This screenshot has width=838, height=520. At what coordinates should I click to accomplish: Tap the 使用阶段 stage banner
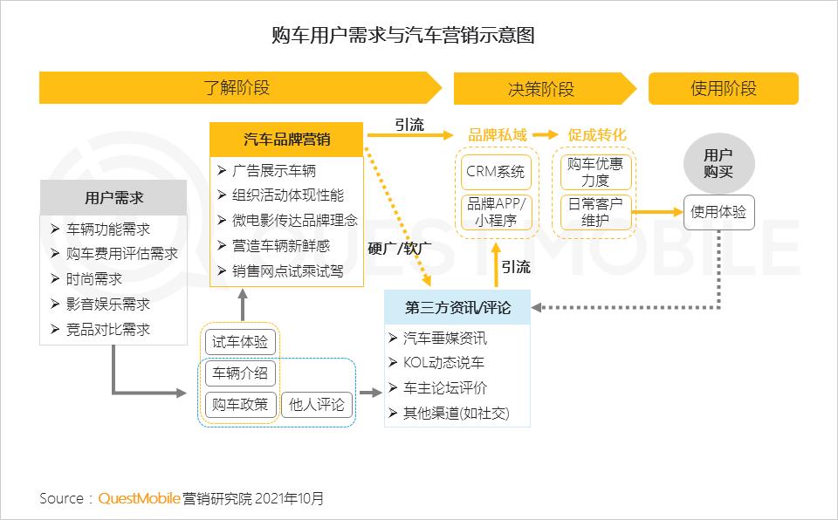pyautogui.click(x=723, y=89)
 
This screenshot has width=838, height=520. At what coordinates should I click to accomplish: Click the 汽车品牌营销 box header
pyautogui.click(x=286, y=140)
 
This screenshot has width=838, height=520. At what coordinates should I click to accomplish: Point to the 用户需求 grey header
pyautogui.click(x=113, y=198)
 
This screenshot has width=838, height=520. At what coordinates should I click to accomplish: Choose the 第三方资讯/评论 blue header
pyautogui.click(x=457, y=307)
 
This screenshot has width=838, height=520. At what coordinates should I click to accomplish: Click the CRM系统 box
pyautogui.click(x=496, y=172)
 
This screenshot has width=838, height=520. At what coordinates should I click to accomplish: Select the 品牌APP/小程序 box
pyautogui.click(x=496, y=212)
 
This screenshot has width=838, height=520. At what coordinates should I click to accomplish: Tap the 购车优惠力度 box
pyautogui.click(x=595, y=172)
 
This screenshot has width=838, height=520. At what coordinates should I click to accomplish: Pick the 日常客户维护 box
pyautogui.click(x=595, y=212)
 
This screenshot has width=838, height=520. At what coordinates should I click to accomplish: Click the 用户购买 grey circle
pyautogui.click(x=718, y=163)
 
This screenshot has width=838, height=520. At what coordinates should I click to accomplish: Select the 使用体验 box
pyautogui.click(x=718, y=212)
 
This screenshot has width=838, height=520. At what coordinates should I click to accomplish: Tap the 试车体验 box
pyautogui.click(x=240, y=342)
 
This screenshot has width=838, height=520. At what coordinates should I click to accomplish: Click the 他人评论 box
pyautogui.click(x=317, y=405)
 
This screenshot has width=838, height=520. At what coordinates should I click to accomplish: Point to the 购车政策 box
pyautogui.click(x=240, y=405)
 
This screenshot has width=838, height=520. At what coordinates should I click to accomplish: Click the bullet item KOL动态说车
pyautogui.click(x=443, y=363)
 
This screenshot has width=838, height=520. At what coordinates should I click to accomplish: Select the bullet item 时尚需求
pyautogui.click(x=94, y=279)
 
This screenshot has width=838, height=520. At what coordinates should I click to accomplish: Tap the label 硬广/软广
pyautogui.click(x=400, y=249)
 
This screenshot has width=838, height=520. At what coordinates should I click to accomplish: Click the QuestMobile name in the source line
pyautogui.click(x=139, y=498)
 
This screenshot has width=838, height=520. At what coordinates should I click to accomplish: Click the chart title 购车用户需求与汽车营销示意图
pyautogui.click(x=403, y=35)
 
